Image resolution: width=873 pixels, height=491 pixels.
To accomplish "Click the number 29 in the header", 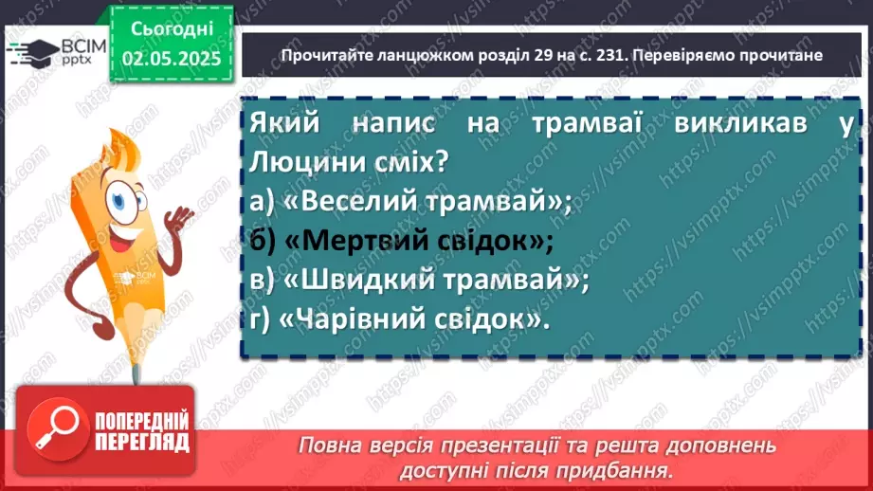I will pos(491,56).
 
